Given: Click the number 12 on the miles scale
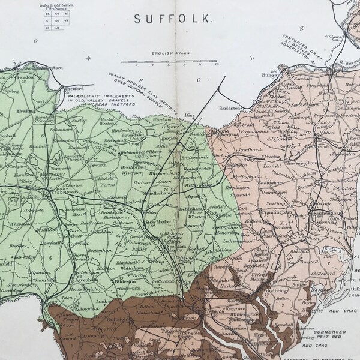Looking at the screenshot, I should [217, 65].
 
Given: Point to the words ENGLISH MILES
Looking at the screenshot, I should [170, 53].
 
